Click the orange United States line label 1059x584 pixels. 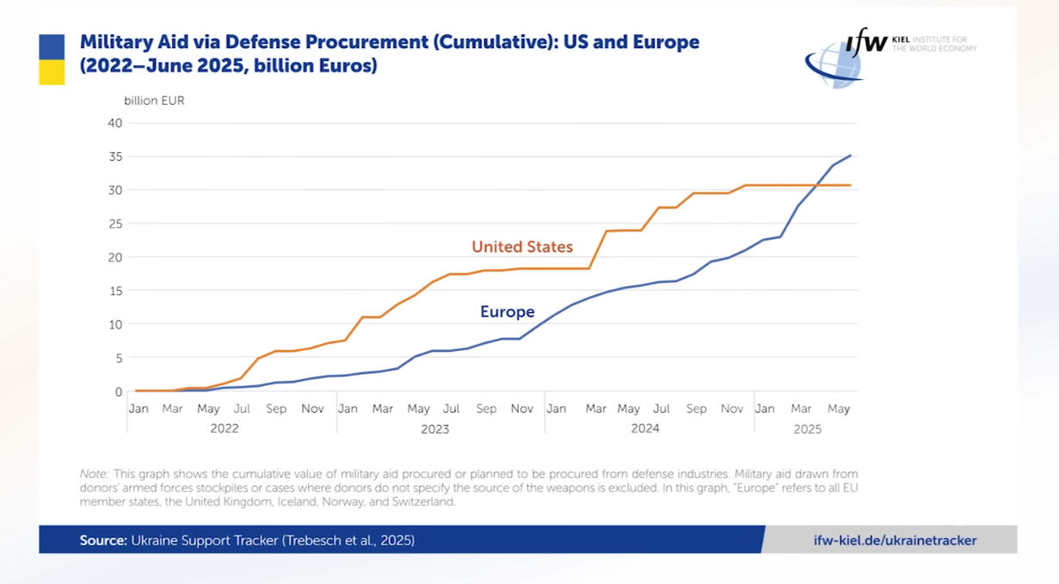coord(521,247)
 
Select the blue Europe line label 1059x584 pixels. coord(507,312)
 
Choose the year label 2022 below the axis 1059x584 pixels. coord(224,428)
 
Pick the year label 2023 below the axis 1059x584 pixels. coord(434,428)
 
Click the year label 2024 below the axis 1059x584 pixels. coord(644,428)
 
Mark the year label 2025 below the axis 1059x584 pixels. coord(807,428)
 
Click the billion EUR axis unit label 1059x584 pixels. coord(154,101)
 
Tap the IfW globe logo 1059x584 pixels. coord(834,65)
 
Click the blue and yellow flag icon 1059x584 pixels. coord(52,59)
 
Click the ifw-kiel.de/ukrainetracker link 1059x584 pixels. coord(895,540)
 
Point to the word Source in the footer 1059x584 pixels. coord(102,540)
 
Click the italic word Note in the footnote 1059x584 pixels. coord(93,474)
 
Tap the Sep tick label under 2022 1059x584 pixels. coord(276,409)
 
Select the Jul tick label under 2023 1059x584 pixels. coord(451,409)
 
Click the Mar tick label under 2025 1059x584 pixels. coord(801,409)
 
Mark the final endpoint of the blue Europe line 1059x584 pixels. coord(851,156)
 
